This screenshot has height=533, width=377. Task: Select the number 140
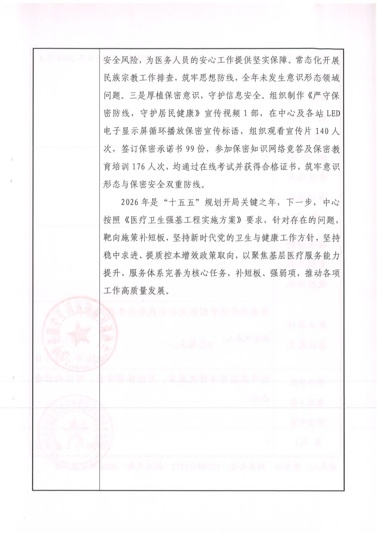point(323,131)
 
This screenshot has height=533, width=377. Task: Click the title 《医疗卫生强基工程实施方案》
point(186,220)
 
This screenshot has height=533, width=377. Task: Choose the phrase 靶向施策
point(120,238)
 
